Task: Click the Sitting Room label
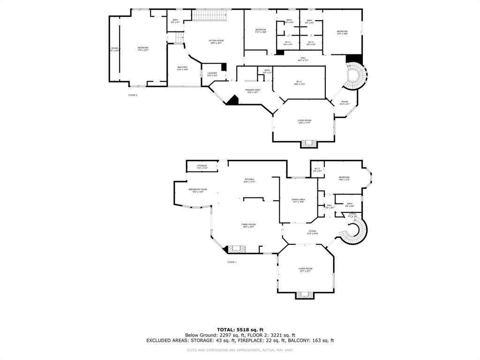click(216, 41)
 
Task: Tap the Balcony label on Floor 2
click(182, 68)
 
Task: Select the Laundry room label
click(212, 74)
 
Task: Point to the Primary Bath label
click(252, 90)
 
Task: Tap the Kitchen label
click(249, 180)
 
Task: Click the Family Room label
click(248, 225)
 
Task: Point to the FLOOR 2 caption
click(133, 95)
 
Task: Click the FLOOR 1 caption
click(232, 262)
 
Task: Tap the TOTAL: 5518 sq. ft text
click(240, 330)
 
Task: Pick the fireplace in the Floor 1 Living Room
click(305, 294)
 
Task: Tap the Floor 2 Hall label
click(303, 59)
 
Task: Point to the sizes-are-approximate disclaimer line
click(240, 350)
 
